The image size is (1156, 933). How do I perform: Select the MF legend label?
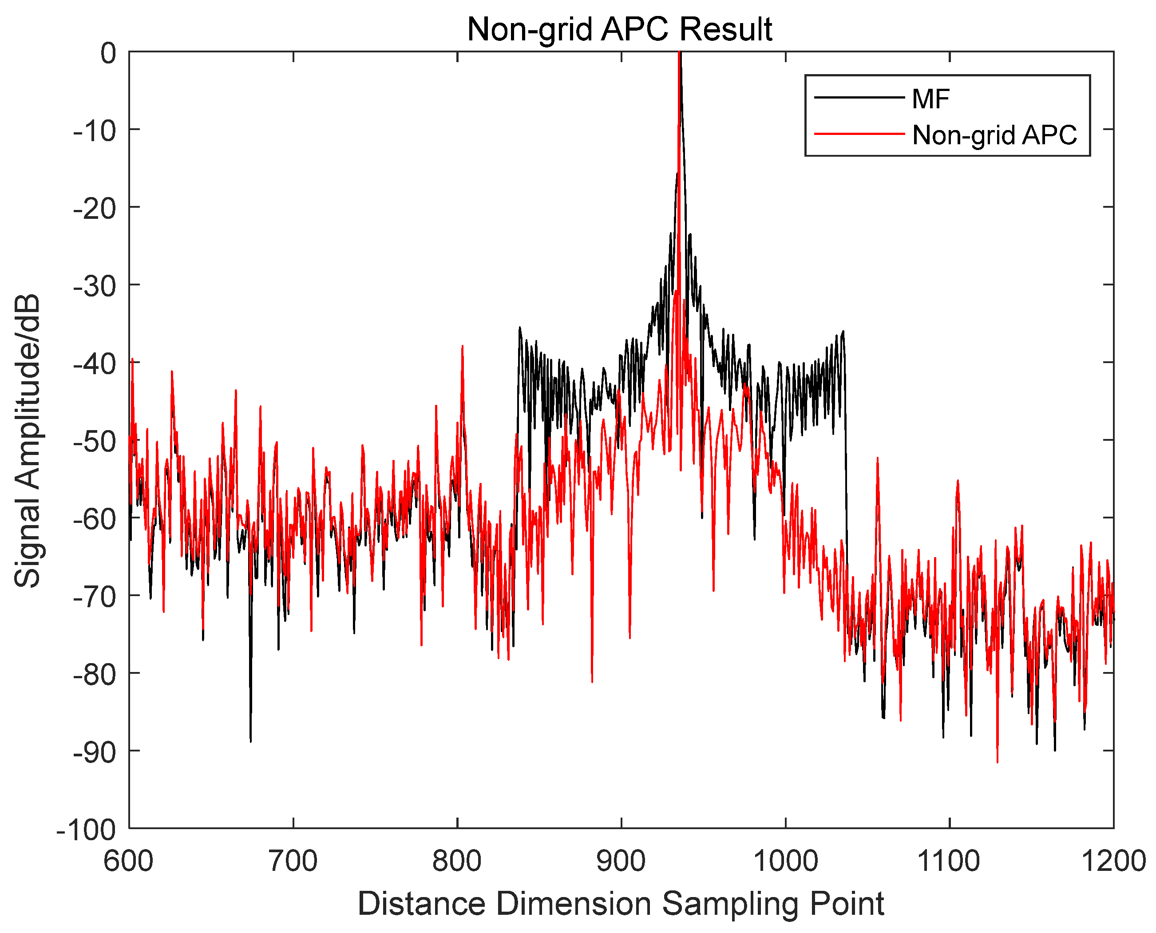coord(931,99)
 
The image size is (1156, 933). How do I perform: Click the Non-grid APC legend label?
coord(994,135)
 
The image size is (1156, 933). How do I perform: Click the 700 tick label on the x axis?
coord(293,862)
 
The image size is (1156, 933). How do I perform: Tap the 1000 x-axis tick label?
coord(785,862)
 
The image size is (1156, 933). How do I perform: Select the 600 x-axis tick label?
coord(129,862)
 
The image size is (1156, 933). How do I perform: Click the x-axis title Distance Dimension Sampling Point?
coord(621,904)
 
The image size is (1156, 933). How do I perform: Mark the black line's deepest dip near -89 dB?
coord(250,741)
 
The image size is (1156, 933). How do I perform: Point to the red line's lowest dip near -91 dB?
coord(998,762)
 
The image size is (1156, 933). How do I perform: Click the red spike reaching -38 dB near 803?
coord(462,347)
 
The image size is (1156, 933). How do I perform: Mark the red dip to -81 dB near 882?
coord(592,681)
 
